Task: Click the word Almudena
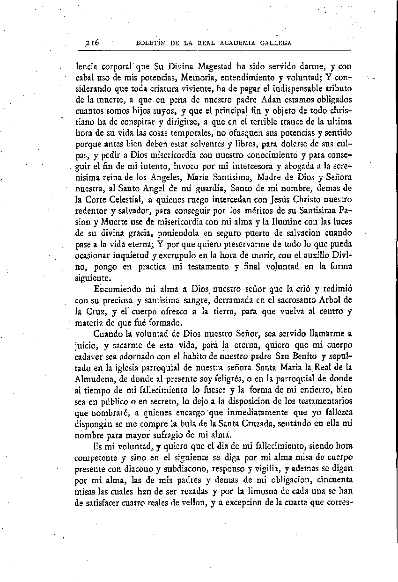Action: coord(96,379)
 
